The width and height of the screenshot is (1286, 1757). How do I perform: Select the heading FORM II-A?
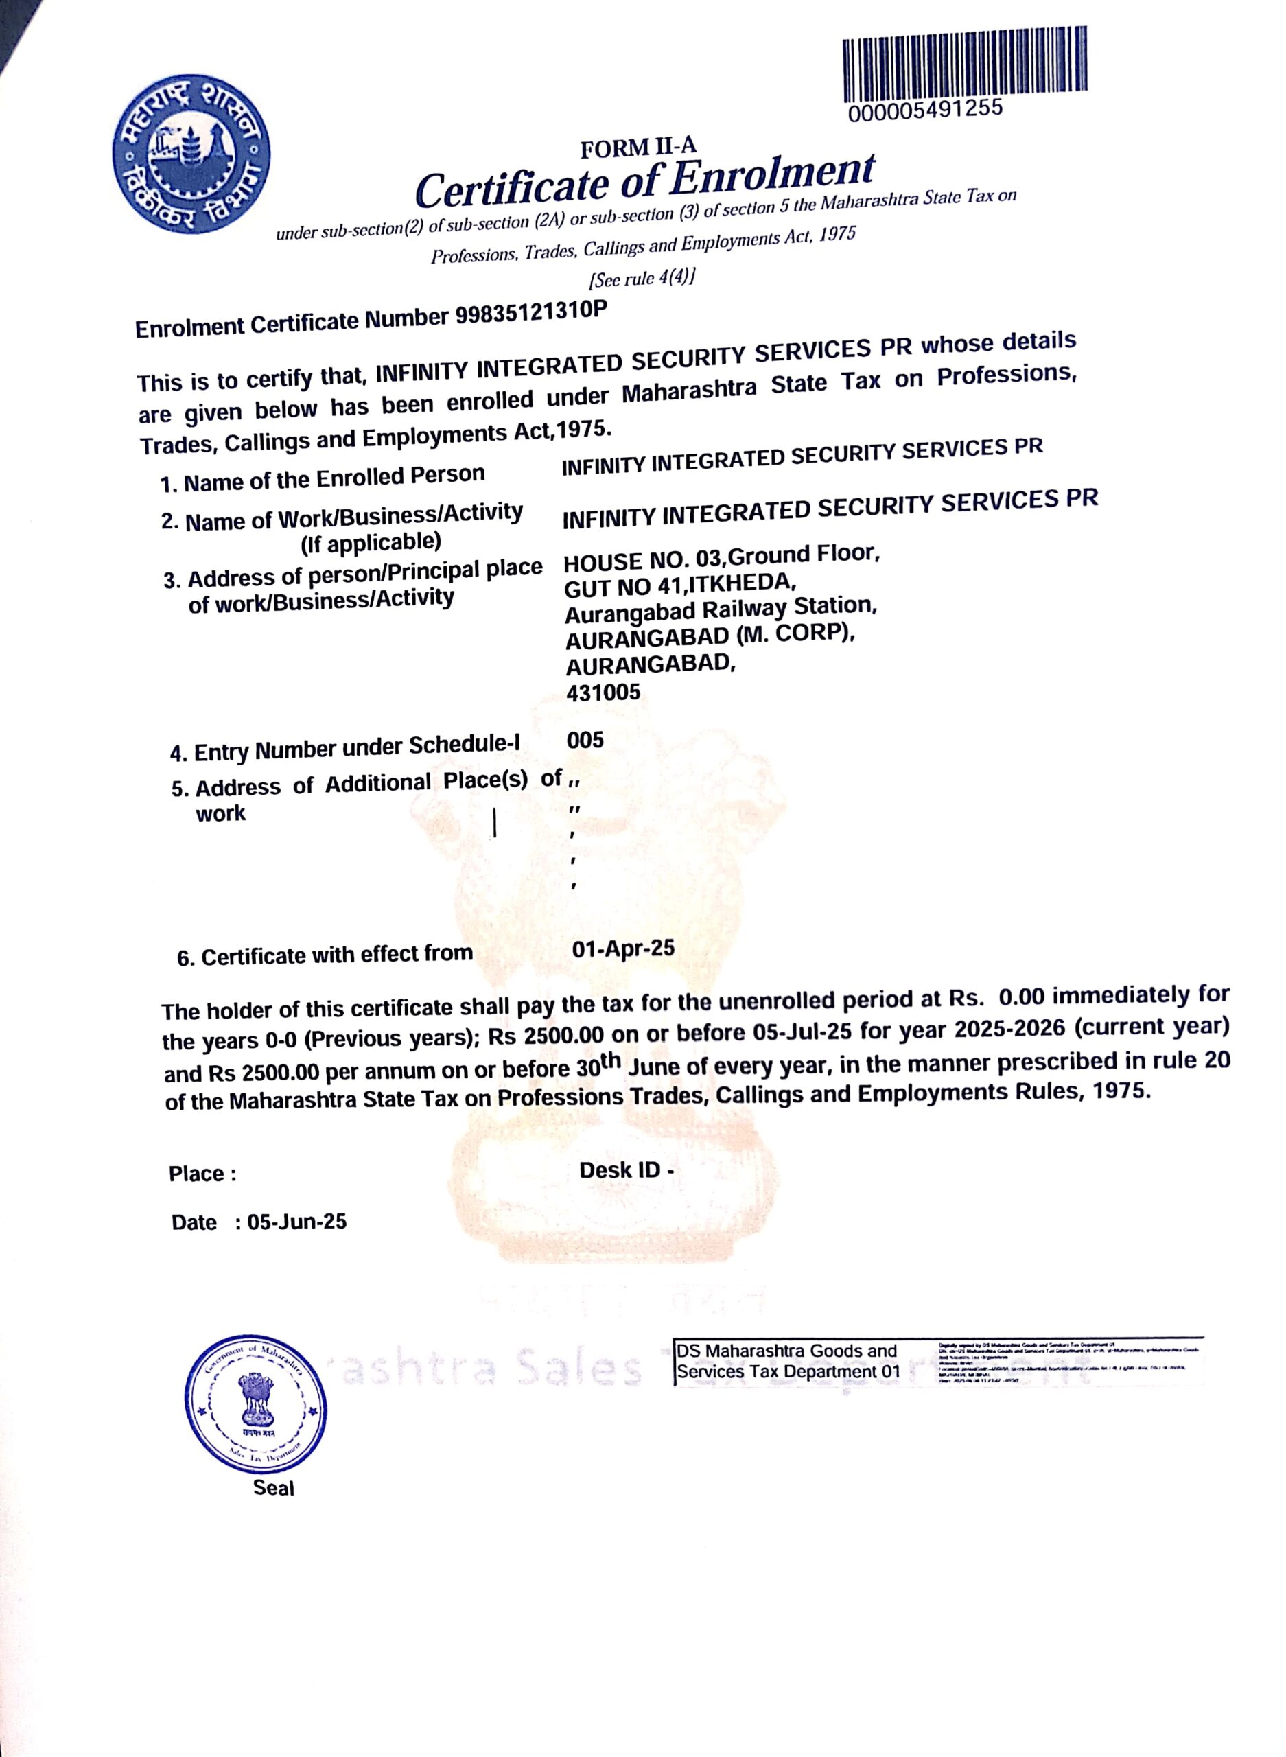click(638, 146)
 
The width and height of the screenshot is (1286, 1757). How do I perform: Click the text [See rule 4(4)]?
click(642, 277)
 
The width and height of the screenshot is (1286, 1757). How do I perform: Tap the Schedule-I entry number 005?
click(585, 741)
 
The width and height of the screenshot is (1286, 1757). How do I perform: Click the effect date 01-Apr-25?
click(623, 949)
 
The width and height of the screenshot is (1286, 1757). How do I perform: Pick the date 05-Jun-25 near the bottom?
click(296, 1222)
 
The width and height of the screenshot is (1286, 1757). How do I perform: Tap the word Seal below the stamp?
click(273, 1488)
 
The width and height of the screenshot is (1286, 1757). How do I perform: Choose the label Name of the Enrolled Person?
click(323, 478)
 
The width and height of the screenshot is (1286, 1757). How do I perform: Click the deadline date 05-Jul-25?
click(801, 1032)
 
